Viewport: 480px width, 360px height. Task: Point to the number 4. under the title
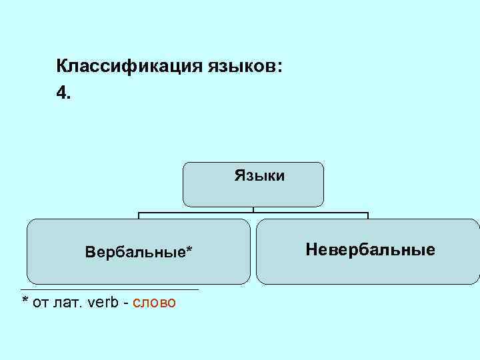click(x=63, y=93)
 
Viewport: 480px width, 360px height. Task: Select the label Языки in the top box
click(x=259, y=176)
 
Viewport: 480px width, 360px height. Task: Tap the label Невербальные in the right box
click(x=370, y=250)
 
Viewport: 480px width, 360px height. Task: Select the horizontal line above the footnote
click(x=110, y=289)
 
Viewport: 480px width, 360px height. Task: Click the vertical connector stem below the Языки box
click(x=253, y=209)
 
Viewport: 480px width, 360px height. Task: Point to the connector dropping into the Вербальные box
click(x=139, y=216)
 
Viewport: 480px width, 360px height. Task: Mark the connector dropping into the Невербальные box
click(x=368, y=216)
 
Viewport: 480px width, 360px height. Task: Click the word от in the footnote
click(x=41, y=303)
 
